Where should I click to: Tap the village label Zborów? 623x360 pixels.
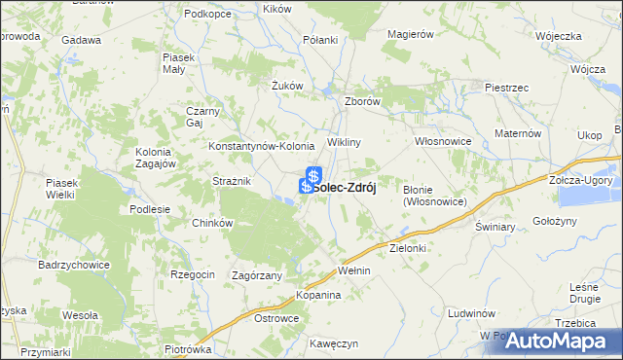pyautogui.click(x=361, y=101)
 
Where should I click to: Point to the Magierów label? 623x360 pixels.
pyautogui.click(x=409, y=34)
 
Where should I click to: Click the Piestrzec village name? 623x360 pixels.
pyautogui.click(x=506, y=88)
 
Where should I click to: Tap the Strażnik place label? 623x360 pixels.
pyautogui.click(x=233, y=181)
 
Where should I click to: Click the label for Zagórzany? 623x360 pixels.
pyautogui.click(x=257, y=275)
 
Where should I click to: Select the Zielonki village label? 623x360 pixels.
pyautogui.click(x=409, y=249)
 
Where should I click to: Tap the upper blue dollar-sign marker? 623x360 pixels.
pyautogui.click(x=314, y=175)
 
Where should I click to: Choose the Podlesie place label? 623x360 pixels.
pyautogui.click(x=150, y=209)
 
